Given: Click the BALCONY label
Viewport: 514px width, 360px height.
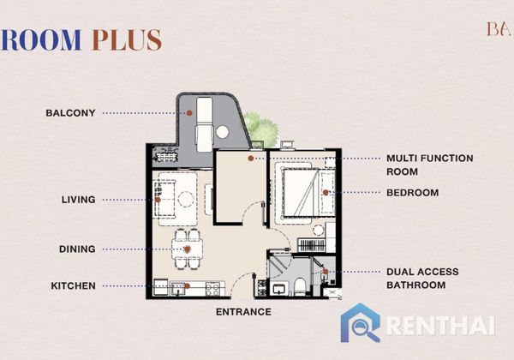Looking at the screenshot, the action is tap(70, 113).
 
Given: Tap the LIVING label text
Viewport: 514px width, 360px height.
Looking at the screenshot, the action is tap(78, 200).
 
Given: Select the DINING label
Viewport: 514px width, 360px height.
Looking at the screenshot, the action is tap(77, 249).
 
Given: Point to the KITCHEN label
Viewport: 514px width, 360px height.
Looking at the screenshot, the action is tap(73, 286).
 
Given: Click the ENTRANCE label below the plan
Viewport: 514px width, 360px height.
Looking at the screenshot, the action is tap(243, 312).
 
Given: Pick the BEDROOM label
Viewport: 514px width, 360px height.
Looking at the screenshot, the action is tap(412, 193).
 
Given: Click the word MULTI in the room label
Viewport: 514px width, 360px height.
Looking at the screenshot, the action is tap(402, 159).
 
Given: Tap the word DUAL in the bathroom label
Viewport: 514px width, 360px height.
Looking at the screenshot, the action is tap(400, 272).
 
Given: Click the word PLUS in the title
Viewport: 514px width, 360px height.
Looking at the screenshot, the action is tap(127, 40).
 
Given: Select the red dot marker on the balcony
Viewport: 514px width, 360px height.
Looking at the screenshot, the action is tap(189, 113).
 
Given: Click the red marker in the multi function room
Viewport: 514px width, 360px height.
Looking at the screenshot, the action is tap(251, 159).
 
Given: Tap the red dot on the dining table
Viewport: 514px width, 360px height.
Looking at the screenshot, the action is tap(187, 249).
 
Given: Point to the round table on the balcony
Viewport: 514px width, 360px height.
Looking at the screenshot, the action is tap(222, 132).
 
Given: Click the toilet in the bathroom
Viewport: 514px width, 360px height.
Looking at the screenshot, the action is tap(300, 286).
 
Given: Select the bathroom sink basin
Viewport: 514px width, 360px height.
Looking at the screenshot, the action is tap(279, 290).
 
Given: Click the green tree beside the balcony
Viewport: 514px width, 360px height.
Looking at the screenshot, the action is tap(261, 129).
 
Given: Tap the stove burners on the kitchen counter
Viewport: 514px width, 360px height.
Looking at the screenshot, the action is tap(212, 289).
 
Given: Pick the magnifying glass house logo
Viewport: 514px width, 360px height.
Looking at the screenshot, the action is tap(361, 322).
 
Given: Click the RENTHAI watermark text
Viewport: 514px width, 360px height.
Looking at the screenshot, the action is tap(440, 326).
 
